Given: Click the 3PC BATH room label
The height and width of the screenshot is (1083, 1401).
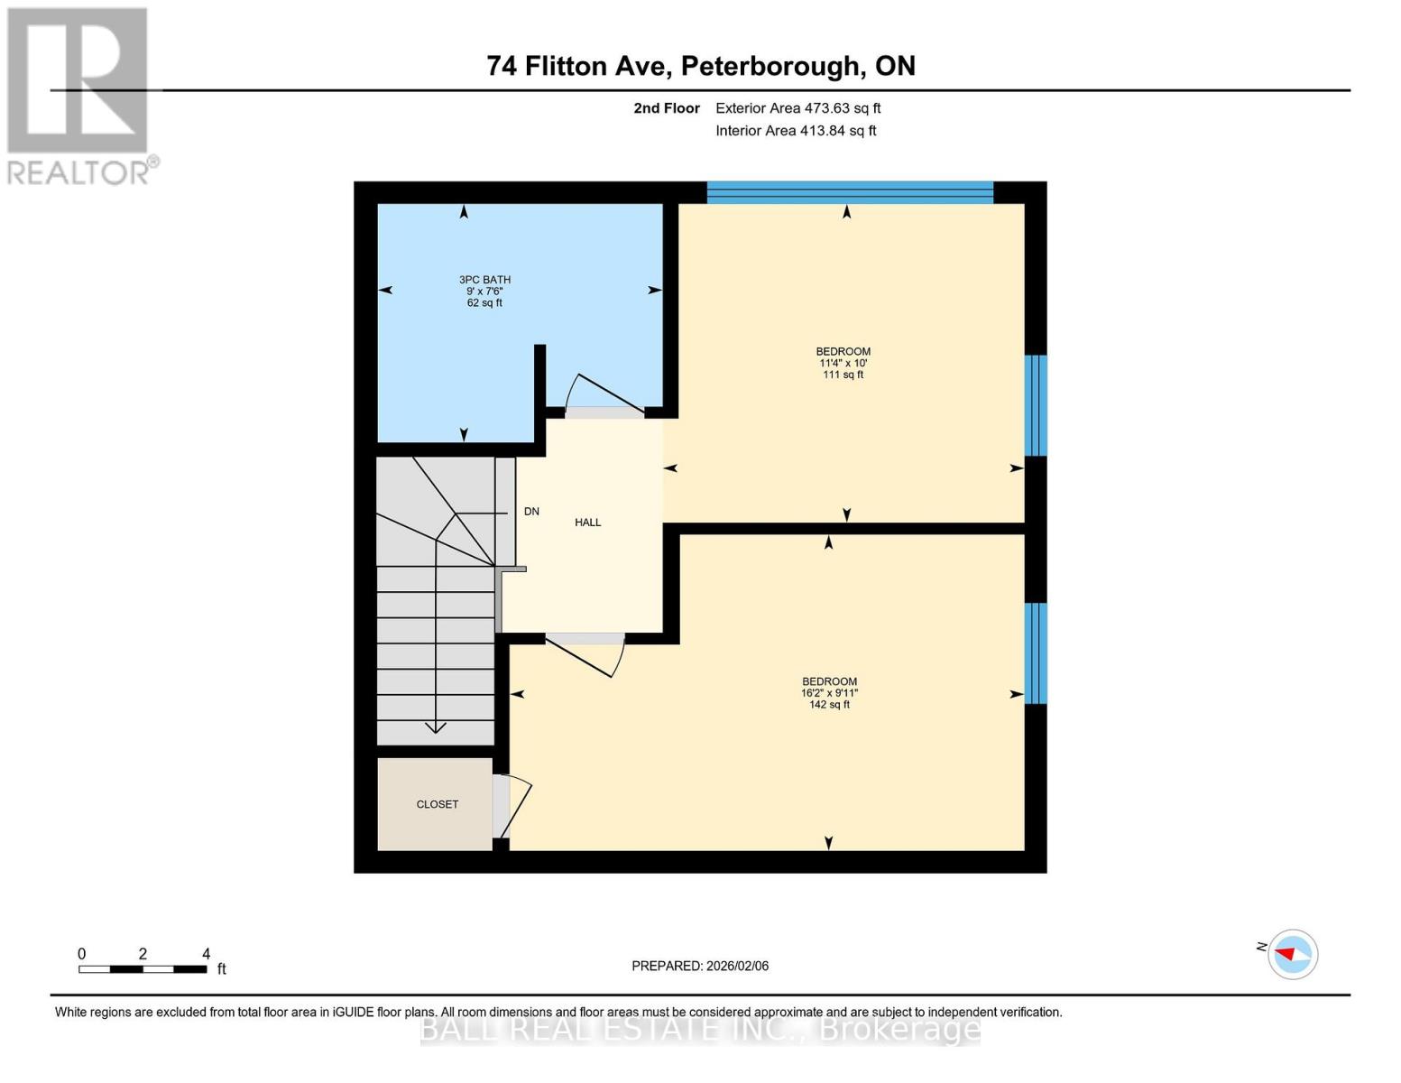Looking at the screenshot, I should tap(484, 280).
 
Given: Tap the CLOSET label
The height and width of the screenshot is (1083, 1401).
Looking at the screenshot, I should tap(438, 804).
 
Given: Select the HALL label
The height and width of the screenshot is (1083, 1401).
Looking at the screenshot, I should tap(587, 523).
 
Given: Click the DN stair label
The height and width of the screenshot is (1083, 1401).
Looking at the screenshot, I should tap(531, 512).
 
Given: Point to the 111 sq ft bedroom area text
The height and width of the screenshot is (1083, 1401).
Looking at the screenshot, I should tap(843, 375).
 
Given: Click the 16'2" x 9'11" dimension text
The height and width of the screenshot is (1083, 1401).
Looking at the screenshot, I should tap(829, 693).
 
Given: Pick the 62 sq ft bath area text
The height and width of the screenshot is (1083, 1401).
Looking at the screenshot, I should tap(484, 303).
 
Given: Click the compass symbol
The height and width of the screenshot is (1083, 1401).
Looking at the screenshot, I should tap(1292, 954).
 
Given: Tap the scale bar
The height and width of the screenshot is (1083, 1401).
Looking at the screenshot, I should tap(143, 968).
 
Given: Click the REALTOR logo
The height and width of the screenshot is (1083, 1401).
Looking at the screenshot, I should tap(79, 95).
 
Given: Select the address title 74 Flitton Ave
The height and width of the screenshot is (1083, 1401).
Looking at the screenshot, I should tap(701, 66).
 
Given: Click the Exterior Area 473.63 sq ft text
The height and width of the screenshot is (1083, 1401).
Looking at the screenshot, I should tap(797, 108).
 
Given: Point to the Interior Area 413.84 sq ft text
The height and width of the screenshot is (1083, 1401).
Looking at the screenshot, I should tap(796, 131).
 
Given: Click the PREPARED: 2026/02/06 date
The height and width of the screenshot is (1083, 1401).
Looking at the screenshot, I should tap(700, 966).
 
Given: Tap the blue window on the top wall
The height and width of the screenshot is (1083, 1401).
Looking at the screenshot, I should tap(850, 191).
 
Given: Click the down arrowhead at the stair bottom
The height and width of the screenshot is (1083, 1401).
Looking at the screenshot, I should tap(436, 727).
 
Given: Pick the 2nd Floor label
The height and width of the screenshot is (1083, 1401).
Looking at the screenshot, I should tap(667, 108).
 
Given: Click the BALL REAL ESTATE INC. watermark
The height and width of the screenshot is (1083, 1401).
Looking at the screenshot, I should tap(700, 1029).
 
